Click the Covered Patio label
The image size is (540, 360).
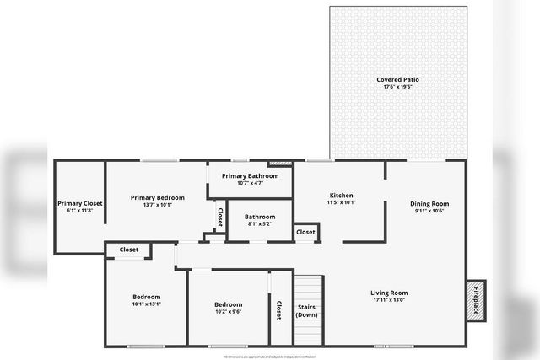[397, 80]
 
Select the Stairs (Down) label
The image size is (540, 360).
[306, 310]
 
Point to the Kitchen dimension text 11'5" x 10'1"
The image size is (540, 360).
[341, 202]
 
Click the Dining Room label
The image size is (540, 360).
[429, 203]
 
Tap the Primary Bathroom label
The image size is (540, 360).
[250, 175]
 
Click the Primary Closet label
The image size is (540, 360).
[79, 203]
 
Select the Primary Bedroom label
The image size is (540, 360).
[152, 197]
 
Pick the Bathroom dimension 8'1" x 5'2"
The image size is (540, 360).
[260, 224]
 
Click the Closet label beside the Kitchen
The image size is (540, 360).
[305, 232]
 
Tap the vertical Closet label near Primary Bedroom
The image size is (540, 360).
[220, 218]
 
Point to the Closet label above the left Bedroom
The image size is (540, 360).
[128, 250]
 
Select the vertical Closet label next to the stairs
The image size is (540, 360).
[279, 310]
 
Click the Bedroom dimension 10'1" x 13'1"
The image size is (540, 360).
[146, 304]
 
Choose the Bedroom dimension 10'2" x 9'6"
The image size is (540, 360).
[228, 311]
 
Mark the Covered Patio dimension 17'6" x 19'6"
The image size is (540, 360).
[397, 88]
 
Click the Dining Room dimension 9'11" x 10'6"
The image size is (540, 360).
[429, 211]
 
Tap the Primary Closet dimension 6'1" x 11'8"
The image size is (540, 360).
[79, 211]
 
